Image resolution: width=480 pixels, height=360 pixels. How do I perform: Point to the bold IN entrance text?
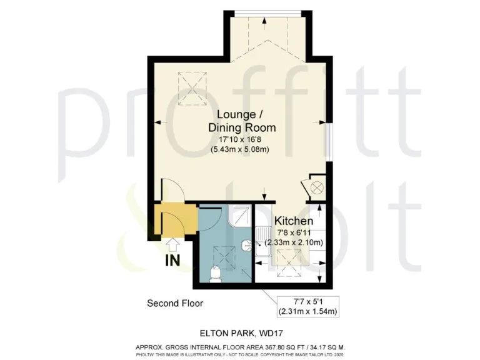click(173, 261)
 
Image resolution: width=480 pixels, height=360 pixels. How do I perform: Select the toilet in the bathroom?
click(216, 274)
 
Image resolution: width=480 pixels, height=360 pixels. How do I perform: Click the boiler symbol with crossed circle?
click(316, 186)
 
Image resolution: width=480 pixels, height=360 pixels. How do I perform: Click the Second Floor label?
click(175, 304)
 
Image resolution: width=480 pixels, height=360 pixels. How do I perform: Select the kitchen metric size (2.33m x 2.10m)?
click(294, 242)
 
